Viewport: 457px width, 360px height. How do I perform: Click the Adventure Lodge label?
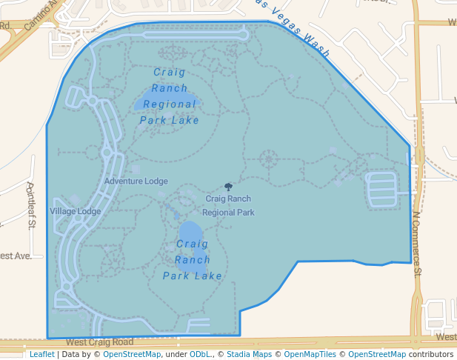click(136, 181)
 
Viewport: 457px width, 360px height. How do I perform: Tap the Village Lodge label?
click(75, 211)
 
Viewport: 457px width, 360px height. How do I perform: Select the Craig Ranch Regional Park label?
click(228, 205)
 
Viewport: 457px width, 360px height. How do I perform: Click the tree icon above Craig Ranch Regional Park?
click(228, 187)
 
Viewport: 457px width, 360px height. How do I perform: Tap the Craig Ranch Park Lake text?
click(193, 260)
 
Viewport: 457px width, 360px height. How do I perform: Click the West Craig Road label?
click(99, 342)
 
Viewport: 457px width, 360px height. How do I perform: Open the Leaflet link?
click(41, 355)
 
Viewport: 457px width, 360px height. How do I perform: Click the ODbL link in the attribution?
click(200, 355)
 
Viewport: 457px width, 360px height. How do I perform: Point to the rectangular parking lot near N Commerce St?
click(382, 190)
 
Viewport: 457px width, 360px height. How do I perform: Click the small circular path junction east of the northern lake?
click(268, 158)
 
